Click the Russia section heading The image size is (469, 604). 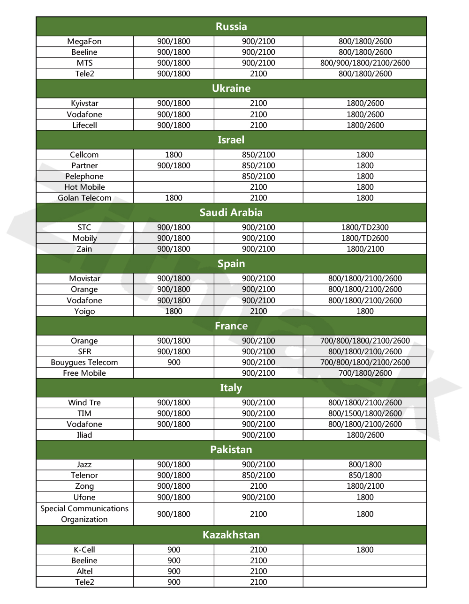pos(231,27)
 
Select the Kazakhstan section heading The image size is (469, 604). pos(231,535)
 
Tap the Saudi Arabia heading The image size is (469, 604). pos(231,212)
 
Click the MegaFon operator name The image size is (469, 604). pos(84,41)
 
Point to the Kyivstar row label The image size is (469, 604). pos(84,103)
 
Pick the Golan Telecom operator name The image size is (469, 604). pos(84,198)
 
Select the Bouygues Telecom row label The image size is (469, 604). pos(84,362)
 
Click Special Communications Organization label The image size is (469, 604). pos(84,514)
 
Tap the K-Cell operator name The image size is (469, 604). pos(84,550)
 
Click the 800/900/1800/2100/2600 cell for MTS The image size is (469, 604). pos(365,63)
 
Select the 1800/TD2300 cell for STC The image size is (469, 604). pos(365,227)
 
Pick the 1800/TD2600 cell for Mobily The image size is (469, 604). pos(365,238)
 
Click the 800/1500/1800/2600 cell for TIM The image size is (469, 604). pos(365,413)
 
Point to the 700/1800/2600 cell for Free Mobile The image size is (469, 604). pos(365,373)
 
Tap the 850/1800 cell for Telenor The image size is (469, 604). pos(365,475)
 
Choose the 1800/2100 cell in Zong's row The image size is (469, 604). pos(365,486)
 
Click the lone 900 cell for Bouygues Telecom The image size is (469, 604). pos(174,362)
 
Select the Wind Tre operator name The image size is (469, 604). pos(84,403)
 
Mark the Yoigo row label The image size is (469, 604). pos(84,311)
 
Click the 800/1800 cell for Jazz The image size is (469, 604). pos(365,464)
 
